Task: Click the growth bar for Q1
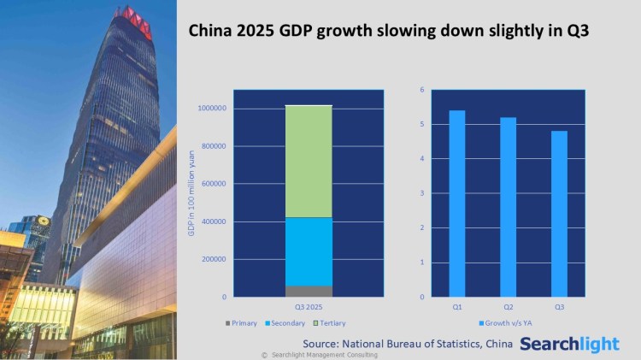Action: click(x=456, y=204)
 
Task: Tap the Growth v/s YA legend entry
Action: click(x=507, y=323)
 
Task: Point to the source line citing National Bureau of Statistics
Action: click(x=407, y=344)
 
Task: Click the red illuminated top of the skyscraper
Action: click(x=137, y=23)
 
